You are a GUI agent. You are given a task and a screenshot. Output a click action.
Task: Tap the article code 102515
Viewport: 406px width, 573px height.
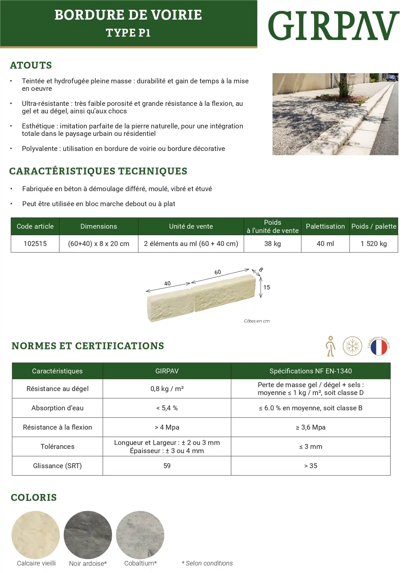coord(35,244)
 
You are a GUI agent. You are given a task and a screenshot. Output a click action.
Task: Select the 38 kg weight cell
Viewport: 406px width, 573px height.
coord(273,244)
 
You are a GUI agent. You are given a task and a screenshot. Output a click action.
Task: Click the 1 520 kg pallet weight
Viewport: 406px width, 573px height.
coord(374,244)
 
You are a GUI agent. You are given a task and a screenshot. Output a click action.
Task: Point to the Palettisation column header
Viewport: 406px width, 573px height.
coord(325,226)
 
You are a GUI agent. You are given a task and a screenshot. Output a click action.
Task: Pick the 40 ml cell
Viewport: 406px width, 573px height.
coord(325,244)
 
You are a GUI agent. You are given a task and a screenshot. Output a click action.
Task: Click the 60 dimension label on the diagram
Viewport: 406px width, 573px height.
coord(218,272)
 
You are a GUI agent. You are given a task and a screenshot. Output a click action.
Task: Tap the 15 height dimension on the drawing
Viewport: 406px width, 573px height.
coord(267,287)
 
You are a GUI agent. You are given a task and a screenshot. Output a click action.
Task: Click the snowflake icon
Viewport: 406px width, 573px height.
coord(352,346)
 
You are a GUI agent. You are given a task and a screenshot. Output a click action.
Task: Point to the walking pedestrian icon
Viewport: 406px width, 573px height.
coord(331,346)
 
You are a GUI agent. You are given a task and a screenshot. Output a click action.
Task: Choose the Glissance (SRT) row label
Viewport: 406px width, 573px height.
coord(57,466)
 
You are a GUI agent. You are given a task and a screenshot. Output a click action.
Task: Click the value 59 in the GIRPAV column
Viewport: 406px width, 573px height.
coord(167,466)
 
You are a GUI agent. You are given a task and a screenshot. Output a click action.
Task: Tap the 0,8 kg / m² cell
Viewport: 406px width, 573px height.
coord(167,389)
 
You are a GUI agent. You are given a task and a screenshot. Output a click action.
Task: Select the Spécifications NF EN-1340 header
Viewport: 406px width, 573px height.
coord(310,371)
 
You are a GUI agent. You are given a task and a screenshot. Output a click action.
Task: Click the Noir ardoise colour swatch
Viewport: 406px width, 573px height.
coord(88,535)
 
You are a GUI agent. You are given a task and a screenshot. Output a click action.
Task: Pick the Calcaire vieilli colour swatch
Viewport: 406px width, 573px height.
coord(36,535)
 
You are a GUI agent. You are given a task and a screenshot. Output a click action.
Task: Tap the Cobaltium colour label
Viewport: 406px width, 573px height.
coord(140,563)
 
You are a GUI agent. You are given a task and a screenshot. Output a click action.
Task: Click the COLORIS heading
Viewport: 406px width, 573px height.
coord(34,498)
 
